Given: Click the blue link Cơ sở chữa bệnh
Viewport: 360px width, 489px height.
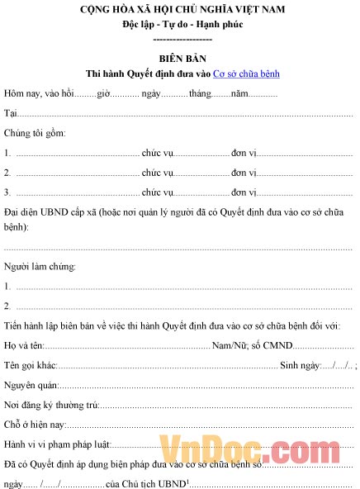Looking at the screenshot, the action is coord(246,74).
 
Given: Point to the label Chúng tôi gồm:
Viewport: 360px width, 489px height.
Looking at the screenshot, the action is coord(36,132).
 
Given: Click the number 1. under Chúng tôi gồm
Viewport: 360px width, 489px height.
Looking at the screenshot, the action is coord(7,153).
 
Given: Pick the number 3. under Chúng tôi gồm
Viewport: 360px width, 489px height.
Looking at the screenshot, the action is coord(7,192).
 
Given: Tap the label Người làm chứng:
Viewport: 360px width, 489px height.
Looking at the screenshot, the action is coord(40,267).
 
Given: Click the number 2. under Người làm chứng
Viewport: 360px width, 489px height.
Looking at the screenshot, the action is coord(7,306).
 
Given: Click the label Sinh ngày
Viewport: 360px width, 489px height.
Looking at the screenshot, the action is coord(299,365).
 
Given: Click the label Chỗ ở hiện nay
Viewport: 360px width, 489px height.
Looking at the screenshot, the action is coord(34,425).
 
